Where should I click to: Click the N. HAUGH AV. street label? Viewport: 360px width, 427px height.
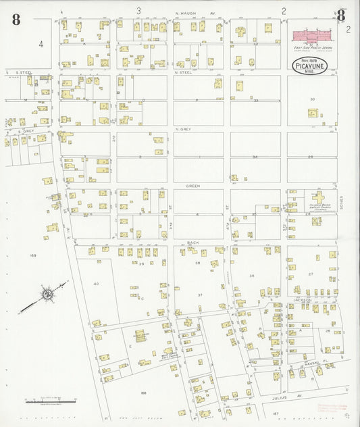[195, 13]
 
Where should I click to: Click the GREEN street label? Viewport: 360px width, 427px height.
[193, 184]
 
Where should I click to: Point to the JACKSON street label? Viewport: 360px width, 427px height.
[302, 299]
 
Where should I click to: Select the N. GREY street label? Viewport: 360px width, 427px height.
[183, 128]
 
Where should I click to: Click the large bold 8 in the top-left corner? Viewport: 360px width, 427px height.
[16, 19]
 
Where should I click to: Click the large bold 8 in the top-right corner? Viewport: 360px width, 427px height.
[342, 16]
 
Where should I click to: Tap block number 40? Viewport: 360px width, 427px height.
[96, 284]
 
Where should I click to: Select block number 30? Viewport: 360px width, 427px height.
[312, 99]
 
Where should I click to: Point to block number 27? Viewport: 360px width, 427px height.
[311, 274]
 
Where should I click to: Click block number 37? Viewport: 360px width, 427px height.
[199, 295]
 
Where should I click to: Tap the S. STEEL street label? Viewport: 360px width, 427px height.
[24, 72]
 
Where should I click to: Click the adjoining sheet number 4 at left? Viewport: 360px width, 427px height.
[41, 45]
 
